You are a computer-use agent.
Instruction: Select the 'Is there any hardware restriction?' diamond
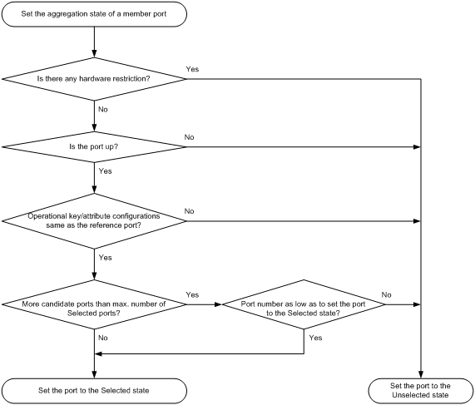[96, 79]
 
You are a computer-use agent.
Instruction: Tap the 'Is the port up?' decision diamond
[96, 147]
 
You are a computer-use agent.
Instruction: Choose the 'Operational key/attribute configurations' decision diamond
[96, 220]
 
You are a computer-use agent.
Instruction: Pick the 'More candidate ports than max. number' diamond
[96, 304]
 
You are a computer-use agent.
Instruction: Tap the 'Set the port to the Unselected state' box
[420, 388]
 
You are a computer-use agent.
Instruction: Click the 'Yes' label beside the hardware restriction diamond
[191, 69]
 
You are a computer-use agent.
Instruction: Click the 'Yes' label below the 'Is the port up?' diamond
[106, 171]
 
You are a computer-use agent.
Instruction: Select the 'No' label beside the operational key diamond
[189, 211]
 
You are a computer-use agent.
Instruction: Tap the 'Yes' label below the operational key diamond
[106, 258]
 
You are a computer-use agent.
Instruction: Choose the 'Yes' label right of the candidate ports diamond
[192, 295]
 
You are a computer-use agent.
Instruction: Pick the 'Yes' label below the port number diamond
[315, 339]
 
